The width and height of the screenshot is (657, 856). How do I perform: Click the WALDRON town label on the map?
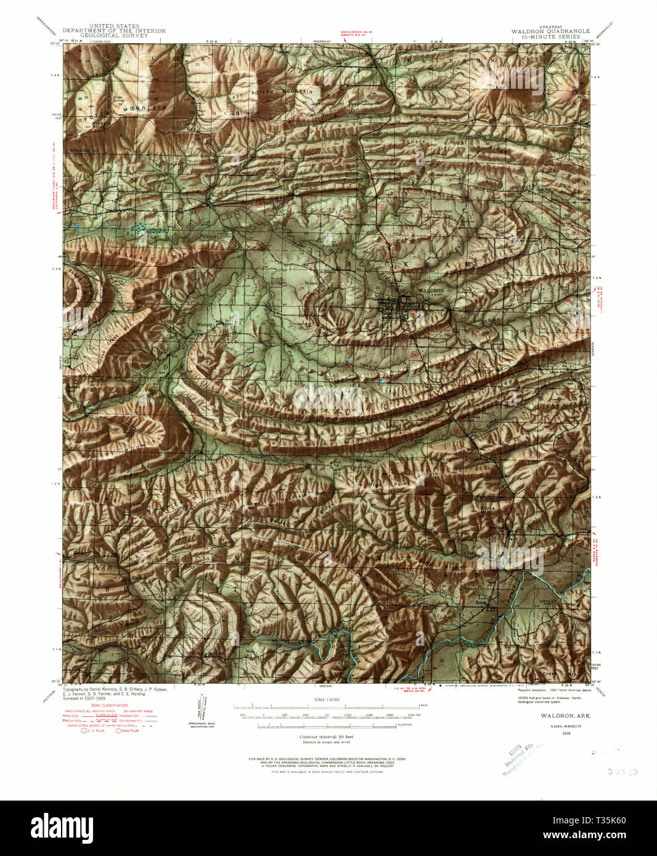tap(431, 290)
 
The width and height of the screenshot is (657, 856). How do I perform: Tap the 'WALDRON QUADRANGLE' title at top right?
tap(550, 31)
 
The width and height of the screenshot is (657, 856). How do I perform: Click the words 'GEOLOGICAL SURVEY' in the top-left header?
tap(114, 36)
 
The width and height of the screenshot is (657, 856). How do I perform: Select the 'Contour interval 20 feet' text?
tap(327, 737)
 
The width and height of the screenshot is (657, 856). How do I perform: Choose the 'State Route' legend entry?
tap(128, 730)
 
